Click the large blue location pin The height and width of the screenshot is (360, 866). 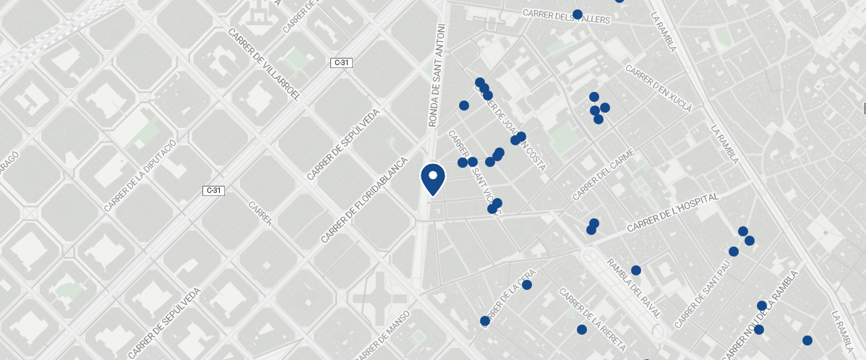click(432, 179)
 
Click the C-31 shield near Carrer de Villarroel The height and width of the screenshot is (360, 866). click(341, 63)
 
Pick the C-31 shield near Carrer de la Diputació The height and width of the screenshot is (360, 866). click(213, 191)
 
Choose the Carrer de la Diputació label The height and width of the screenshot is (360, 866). click(140, 176)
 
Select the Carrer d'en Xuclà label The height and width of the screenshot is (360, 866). click(659, 90)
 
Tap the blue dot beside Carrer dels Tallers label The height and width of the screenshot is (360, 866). click(578, 14)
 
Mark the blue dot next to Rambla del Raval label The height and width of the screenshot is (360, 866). click(636, 270)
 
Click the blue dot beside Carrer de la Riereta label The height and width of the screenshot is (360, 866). click(582, 330)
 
